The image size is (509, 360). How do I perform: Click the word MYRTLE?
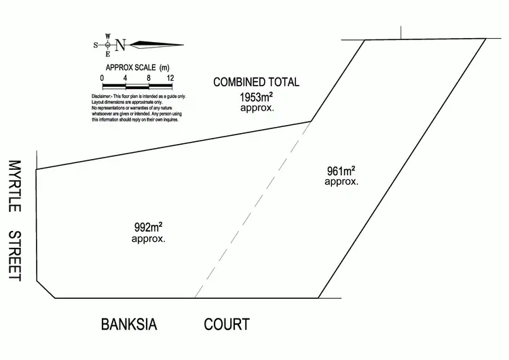coord(14,186)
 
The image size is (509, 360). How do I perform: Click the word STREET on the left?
coord(14,255)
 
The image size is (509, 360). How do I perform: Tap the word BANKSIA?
coord(129,325)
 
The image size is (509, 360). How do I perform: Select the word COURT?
coord(227,325)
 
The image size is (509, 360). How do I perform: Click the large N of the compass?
coord(120,45)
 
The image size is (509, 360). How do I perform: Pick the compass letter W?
coord(107,36)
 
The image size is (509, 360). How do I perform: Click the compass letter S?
coord(96,46)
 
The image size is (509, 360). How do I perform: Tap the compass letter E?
coord(107,54)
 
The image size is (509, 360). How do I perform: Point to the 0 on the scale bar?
coord(102,78)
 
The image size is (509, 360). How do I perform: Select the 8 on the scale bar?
coord(148,78)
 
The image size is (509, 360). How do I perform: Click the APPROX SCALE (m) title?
coord(136,67)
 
